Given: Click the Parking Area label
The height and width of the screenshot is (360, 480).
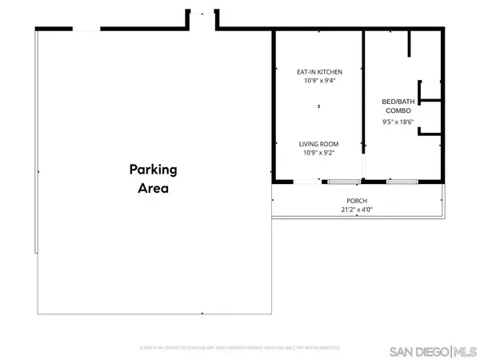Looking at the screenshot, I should (152, 179).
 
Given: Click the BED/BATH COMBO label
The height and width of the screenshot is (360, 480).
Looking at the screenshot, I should (398, 106).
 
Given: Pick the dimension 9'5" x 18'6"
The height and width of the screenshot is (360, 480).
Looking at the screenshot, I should (398, 122).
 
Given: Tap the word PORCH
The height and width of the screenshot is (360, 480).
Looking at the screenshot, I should (357, 201).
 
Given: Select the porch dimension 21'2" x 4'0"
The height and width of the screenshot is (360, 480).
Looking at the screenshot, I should (357, 210).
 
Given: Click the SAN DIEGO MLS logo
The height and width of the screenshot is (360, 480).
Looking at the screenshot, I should (432, 350).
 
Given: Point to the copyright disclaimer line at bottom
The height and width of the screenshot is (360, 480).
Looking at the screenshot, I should (240, 349).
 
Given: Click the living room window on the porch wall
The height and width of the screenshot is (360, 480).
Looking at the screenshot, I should (342, 182).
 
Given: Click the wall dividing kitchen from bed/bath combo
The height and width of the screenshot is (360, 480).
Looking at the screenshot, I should (364, 88).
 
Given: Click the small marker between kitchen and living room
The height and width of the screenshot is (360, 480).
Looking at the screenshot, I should (319, 106).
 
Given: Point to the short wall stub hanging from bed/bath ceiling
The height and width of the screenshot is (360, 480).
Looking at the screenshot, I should (409, 44).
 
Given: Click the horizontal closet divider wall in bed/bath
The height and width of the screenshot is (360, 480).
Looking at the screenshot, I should (430, 101).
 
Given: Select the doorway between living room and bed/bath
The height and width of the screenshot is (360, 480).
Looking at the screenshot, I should (364, 164).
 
